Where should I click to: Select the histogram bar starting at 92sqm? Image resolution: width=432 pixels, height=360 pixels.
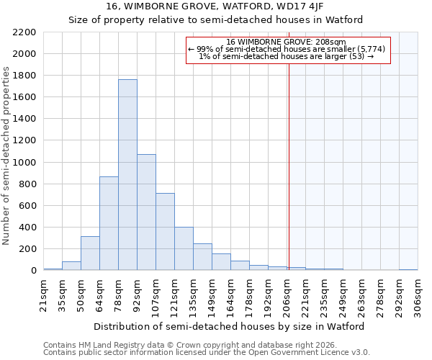146,212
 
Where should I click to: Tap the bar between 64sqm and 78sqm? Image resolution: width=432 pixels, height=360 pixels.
109,223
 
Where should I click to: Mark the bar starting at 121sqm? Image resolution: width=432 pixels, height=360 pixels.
184,249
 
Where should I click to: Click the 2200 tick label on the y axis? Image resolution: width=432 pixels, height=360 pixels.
24,32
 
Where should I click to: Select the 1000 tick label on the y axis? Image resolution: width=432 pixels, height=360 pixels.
24,163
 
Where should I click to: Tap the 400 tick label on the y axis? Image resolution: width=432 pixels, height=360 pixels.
27,228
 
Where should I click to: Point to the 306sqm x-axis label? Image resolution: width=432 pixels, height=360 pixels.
418,295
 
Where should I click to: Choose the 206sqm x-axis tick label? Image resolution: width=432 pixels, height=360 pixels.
287,295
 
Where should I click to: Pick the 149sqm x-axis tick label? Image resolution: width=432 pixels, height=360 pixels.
212,295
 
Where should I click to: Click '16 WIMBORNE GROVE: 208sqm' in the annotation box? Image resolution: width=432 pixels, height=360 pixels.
287,42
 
